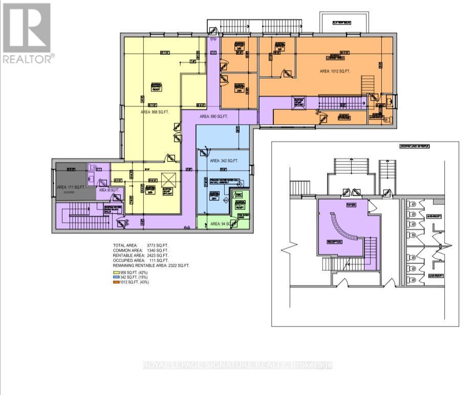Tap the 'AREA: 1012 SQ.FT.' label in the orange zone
click(335, 71)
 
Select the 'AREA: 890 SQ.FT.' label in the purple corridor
click(213, 117)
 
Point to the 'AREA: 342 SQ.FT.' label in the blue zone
click(224, 161)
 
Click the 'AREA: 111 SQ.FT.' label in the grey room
click(69, 188)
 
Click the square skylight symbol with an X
click(167, 180)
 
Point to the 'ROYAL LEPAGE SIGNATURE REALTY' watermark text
click(237, 365)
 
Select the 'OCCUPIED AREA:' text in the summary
click(128, 261)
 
